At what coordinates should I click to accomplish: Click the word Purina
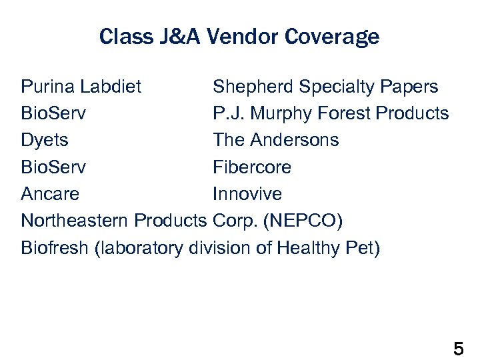click(x=47, y=87)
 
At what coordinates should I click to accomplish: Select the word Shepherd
click(x=253, y=87)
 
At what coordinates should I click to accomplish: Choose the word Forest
click(x=343, y=113)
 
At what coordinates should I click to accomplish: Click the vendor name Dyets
click(x=44, y=141)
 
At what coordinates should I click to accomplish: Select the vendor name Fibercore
click(x=252, y=167)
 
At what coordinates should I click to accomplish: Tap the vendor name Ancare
click(x=50, y=194)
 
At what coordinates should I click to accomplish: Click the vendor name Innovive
click(x=247, y=194)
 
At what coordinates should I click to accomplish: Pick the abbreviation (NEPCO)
click(x=311, y=221)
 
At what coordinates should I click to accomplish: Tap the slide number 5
click(x=458, y=348)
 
